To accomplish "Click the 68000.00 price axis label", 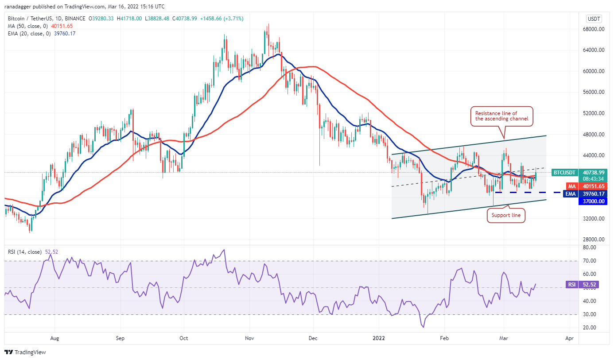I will click(x=594, y=29).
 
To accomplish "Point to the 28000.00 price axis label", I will click(x=594, y=240).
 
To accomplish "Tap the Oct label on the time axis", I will click(x=184, y=338).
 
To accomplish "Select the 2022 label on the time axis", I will click(x=379, y=338).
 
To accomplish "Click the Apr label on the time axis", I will click(x=569, y=338).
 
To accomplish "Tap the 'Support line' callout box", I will click(x=506, y=216).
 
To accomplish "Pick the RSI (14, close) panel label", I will click(x=25, y=252).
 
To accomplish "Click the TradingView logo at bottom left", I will click(x=25, y=352).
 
